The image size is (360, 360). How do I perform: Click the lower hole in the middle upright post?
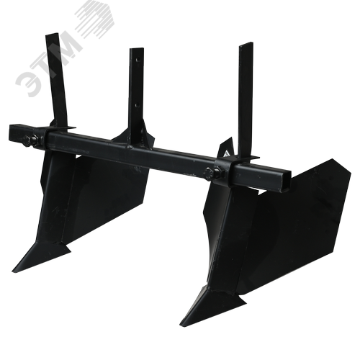tap(137, 105)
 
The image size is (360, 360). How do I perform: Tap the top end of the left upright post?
tap(52, 35)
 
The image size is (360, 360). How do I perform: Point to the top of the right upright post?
tap(246, 44)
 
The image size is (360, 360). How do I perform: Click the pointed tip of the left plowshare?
tap(13, 270)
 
